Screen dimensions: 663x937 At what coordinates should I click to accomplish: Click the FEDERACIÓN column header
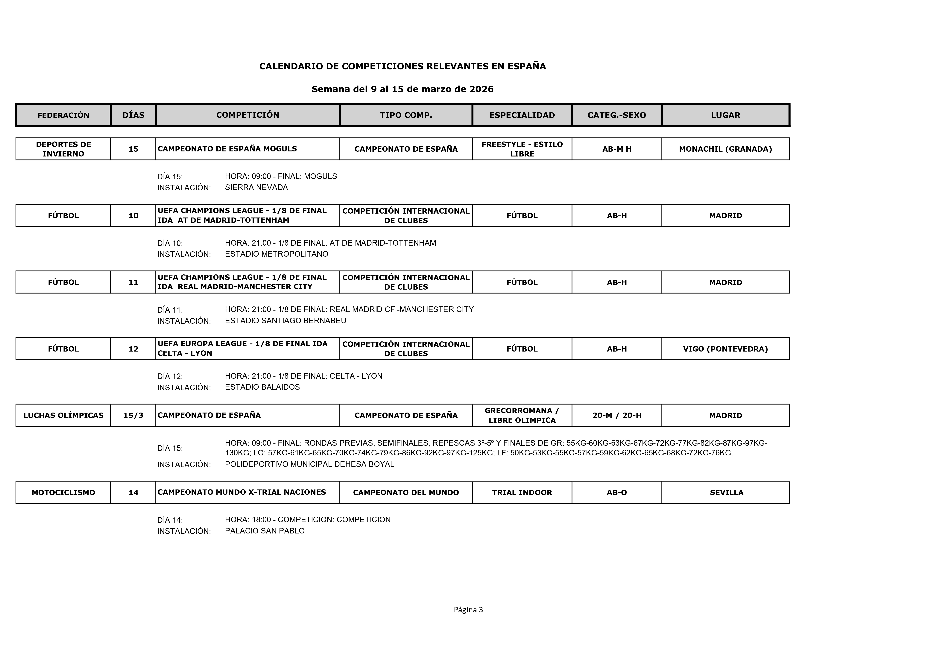(63, 115)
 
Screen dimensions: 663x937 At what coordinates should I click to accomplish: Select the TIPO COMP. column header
(406, 115)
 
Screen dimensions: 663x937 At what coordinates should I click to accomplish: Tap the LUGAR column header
(725, 115)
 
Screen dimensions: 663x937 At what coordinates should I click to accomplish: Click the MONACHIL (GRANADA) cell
(725, 149)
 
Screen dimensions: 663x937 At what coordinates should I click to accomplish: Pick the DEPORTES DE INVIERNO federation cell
(63, 149)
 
